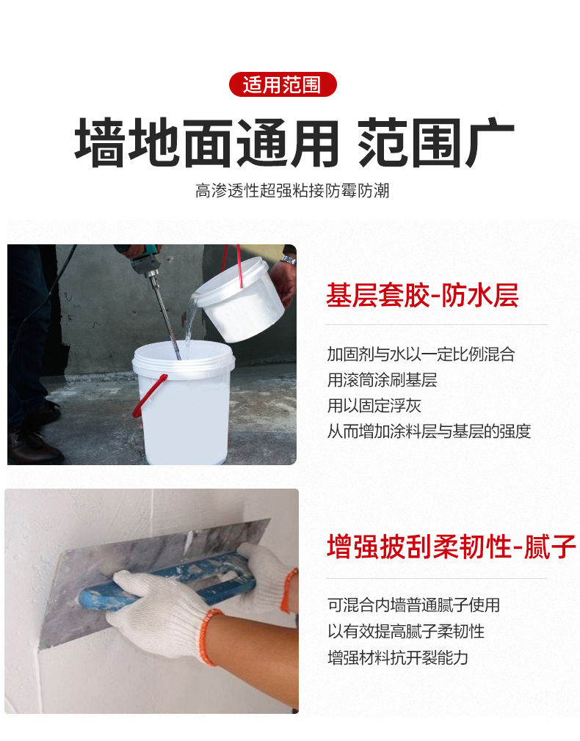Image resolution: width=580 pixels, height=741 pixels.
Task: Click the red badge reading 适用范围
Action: [283, 85]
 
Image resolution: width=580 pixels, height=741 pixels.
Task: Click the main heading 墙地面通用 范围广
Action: [294, 141]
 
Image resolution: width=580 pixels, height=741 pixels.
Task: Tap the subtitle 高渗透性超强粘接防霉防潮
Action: [291, 191]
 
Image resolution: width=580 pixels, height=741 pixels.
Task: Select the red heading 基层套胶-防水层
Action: [422, 295]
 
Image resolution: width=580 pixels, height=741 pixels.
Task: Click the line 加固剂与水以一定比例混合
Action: [421, 354]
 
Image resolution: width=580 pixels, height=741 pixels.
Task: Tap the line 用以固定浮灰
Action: [374, 406]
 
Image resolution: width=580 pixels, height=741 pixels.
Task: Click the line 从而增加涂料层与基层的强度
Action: [429, 431]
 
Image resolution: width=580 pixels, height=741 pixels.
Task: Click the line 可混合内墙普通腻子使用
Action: [413, 605]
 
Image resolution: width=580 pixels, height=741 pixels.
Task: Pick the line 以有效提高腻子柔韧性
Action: [405, 631]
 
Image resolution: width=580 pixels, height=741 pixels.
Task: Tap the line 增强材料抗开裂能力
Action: [397, 657]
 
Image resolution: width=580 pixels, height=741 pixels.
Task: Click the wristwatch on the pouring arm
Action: [288, 258]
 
